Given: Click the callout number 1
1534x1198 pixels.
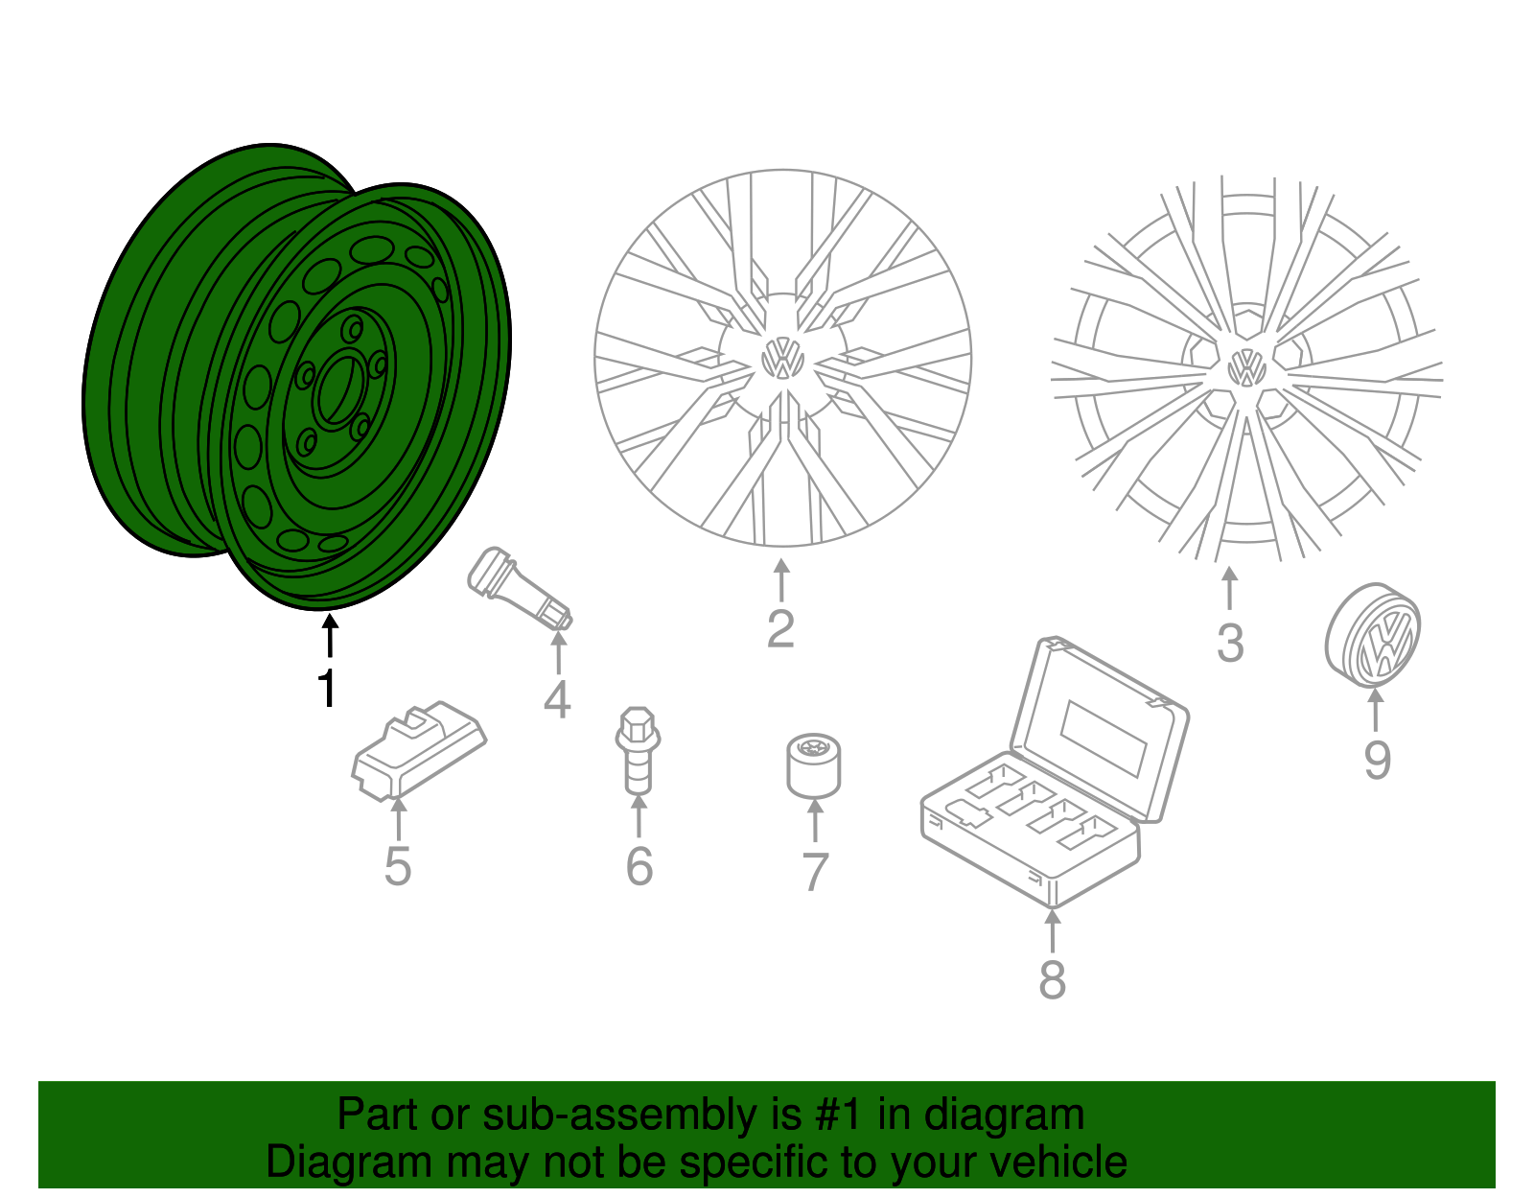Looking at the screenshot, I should pyautogui.click(x=328, y=689).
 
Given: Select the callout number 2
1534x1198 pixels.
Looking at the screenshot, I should pyautogui.click(x=780, y=629).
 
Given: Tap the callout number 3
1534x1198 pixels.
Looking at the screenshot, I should pyautogui.click(x=1230, y=643).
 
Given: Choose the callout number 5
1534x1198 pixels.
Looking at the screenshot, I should pyautogui.click(x=397, y=866).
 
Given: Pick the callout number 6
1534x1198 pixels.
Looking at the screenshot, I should pyautogui.click(x=639, y=866).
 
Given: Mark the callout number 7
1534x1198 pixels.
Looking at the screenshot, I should pyautogui.click(x=814, y=872).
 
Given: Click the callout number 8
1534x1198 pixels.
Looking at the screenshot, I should pyautogui.click(x=1052, y=979).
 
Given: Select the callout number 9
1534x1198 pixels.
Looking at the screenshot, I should pyautogui.click(x=1377, y=760).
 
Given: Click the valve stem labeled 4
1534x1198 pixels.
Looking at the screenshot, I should pyautogui.click(x=518, y=588).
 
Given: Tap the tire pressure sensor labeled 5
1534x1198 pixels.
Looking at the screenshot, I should pyautogui.click(x=418, y=751).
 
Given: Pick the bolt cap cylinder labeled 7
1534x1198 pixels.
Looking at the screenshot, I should pyautogui.click(x=813, y=764).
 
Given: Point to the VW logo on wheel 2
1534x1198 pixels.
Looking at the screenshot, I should pyautogui.click(x=782, y=359).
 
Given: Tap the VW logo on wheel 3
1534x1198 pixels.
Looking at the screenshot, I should pyautogui.click(x=1246, y=366).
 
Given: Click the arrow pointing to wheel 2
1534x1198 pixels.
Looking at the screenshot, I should pyautogui.click(x=781, y=580).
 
